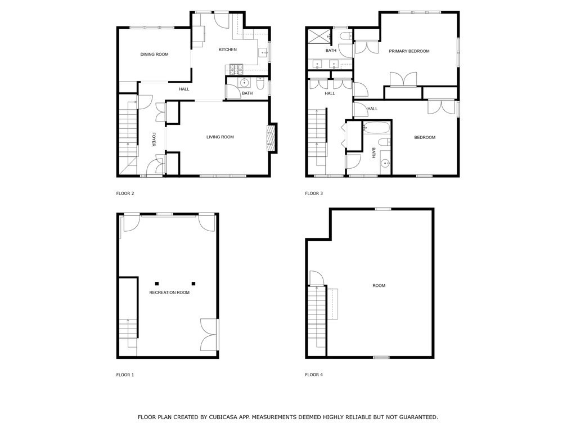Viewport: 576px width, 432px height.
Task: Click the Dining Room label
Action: pos(154,55)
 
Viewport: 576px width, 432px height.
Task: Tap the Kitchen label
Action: pos(228,49)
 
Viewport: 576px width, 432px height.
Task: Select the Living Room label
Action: pos(220,137)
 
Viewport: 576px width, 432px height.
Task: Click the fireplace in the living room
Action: pos(271,137)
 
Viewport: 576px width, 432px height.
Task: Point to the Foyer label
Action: pos(154,139)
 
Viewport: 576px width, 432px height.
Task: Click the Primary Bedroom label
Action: pos(409,51)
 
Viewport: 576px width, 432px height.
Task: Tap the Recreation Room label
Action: pos(169,292)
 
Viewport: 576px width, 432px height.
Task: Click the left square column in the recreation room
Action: pos(157,283)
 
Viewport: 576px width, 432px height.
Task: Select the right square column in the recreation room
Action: pos(193,283)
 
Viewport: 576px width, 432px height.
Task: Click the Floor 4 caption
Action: pos(314,375)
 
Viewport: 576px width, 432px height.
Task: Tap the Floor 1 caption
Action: pos(125,375)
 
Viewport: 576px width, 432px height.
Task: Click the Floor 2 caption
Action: pos(125,193)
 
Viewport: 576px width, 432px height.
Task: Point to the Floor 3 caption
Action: pos(314,193)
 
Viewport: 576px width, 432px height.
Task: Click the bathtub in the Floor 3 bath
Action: pos(376,128)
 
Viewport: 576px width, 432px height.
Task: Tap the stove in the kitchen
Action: pos(234,69)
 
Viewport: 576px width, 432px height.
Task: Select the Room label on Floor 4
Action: pos(379,286)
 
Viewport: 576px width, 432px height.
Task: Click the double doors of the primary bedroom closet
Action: pos(403,79)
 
